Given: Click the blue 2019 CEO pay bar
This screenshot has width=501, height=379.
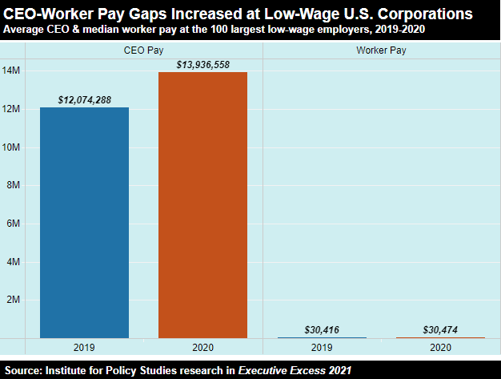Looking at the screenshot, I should [84, 222].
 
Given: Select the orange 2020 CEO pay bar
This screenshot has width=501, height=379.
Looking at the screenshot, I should [202, 204].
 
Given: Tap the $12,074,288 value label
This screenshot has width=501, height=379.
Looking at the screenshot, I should [84, 99].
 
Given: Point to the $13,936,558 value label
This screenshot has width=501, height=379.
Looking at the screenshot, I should [202, 63].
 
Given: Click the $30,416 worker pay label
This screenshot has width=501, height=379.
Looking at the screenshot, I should [322, 330].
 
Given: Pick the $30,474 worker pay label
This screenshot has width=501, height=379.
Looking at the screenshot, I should [440, 330].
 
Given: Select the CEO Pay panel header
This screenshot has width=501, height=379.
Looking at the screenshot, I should [144, 50].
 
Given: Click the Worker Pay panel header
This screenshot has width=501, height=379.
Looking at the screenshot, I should [381, 50].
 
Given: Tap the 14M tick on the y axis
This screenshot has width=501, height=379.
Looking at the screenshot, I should [13, 71].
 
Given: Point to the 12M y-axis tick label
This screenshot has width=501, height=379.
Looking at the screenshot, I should [13, 109].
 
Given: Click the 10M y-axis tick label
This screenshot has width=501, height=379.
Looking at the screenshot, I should [13, 147].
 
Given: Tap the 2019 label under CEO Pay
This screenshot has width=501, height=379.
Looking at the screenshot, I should [84, 348].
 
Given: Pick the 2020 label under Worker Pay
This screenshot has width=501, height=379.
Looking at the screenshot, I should [440, 348].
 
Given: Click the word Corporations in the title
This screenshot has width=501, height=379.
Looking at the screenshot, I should [421, 14].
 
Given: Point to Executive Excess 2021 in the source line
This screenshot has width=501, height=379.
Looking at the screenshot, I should [300, 370].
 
